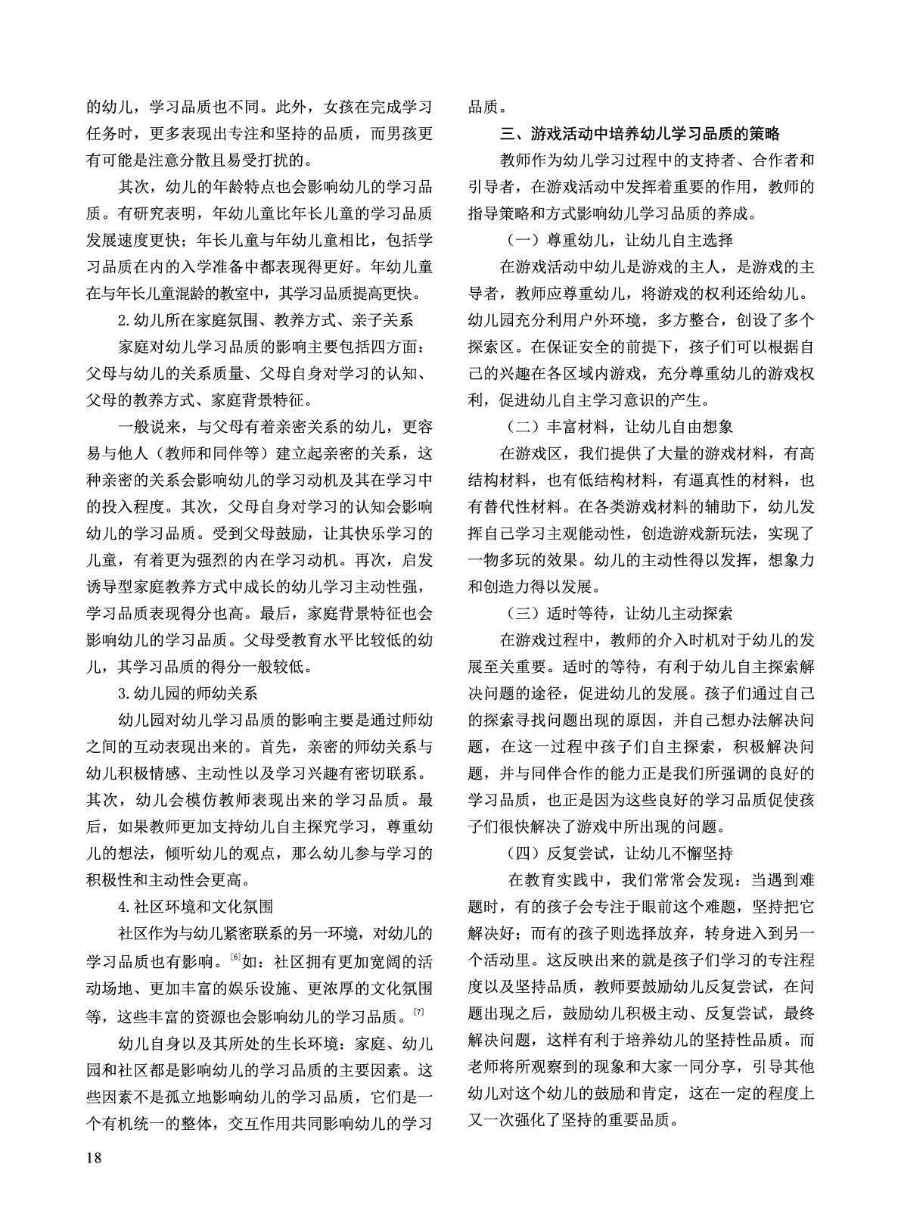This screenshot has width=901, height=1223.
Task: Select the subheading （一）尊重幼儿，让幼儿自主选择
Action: [x=619, y=241]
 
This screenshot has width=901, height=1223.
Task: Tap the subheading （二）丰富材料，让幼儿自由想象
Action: [x=619, y=427]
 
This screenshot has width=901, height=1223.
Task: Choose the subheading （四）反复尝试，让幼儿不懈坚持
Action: [x=619, y=853]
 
